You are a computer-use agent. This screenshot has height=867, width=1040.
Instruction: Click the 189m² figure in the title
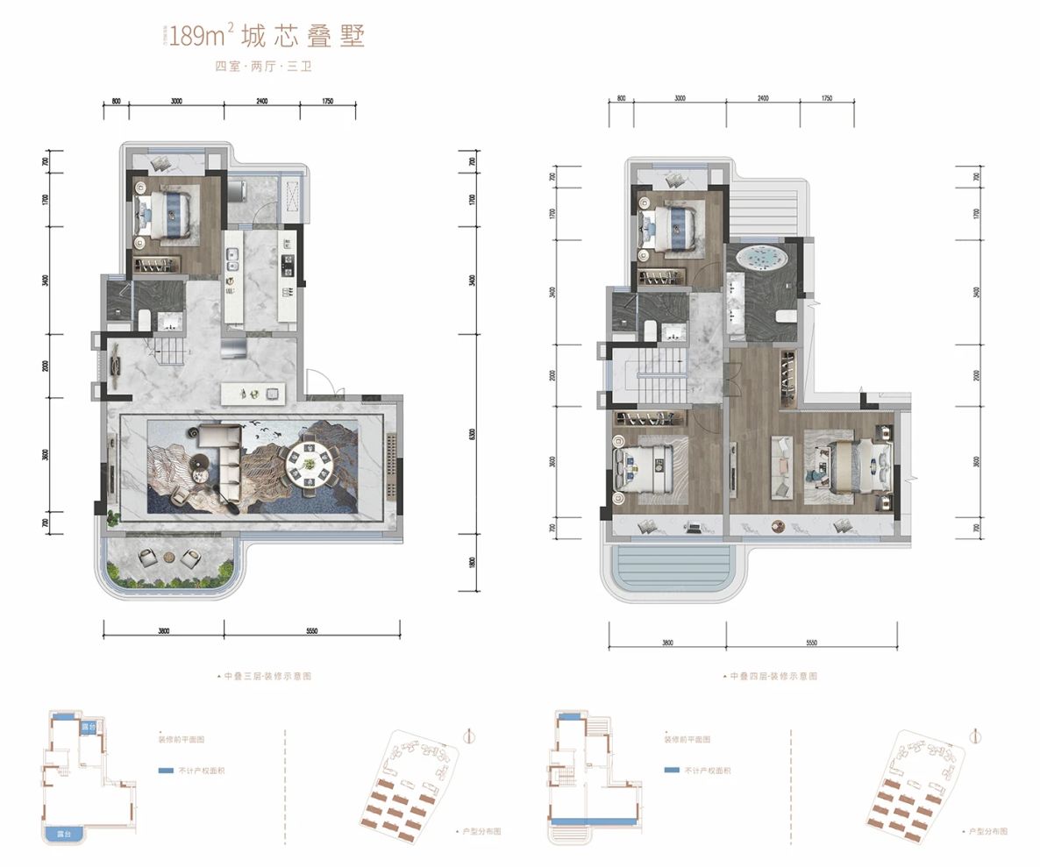(x=201, y=36)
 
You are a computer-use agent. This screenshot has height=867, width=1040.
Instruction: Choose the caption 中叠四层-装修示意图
(x=772, y=677)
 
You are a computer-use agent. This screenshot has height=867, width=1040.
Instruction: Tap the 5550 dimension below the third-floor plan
(x=311, y=631)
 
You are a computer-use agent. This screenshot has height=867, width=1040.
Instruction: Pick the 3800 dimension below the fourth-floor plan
(x=667, y=643)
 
